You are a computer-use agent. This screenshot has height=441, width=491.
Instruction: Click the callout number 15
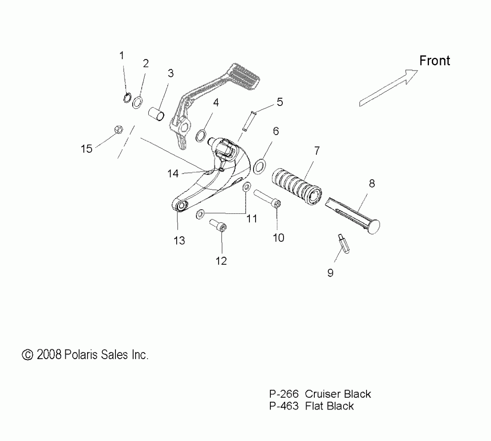point(86,149)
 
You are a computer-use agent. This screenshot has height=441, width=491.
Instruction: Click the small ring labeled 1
point(127,98)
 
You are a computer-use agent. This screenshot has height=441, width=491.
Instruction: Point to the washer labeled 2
point(137,102)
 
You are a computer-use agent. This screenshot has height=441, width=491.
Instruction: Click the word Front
point(435,61)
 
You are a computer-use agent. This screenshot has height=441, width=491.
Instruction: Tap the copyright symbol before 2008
point(28,355)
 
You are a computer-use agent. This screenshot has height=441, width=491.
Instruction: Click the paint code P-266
point(284,394)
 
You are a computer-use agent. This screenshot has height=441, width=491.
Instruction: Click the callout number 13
point(179,241)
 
